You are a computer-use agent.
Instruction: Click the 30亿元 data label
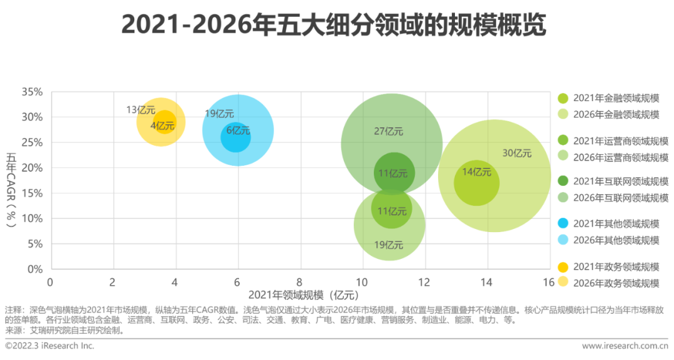click(x=516, y=153)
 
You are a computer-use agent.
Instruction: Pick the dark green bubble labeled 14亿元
click(x=476, y=183)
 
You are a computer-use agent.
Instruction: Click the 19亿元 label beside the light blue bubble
click(x=219, y=114)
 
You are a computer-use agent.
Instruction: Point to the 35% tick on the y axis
click(x=32, y=92)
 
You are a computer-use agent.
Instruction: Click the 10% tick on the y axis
click(x=32, y=218)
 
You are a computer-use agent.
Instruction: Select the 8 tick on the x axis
click(x=300, y=282)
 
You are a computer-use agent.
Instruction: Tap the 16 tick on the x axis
click(x=549, y=282)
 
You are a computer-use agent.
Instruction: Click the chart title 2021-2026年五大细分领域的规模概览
click(x=333, y=26)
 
